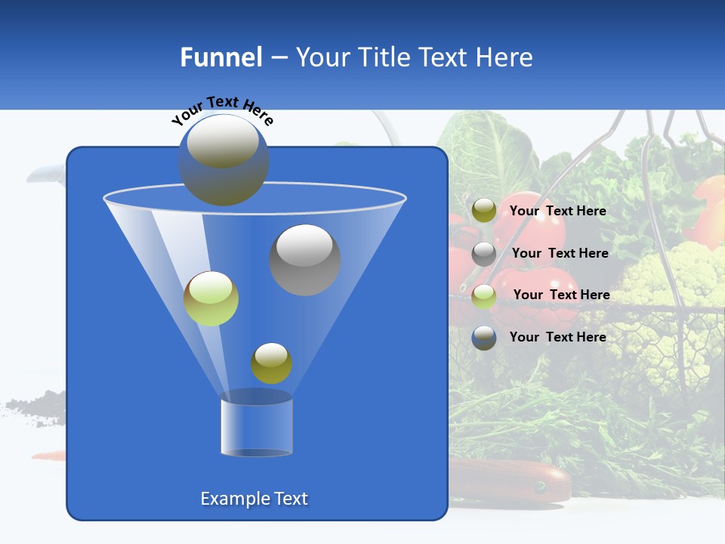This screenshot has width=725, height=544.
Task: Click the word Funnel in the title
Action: (x=221, y=57)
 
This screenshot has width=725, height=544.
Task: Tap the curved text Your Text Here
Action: (x=222, y=109)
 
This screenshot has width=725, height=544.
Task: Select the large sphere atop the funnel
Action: (x=224, y=159)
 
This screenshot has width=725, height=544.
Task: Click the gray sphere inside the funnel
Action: (x=305, y=259)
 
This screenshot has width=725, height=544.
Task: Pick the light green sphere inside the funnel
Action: (x=211, y=298)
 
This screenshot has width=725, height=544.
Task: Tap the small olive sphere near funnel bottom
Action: (x=271, y=363)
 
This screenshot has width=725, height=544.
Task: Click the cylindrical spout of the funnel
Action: (x=257, y=425)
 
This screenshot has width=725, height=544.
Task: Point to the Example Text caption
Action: (x=255, y=499)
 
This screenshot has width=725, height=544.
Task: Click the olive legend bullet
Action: (x=484, y=211)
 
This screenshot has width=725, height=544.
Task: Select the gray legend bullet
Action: (x=484, y=253)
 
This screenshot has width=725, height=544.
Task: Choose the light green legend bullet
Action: (x=484, y=295)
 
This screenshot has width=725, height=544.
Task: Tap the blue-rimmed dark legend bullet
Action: (x=484, y=338)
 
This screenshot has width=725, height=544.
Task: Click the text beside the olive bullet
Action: (x=558, y=211)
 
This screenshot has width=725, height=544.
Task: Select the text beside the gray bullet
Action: (x=560, y=253)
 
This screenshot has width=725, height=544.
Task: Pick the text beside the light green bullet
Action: (x=561, y=295)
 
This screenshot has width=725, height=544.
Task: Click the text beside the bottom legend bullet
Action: (x=558, y=337)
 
